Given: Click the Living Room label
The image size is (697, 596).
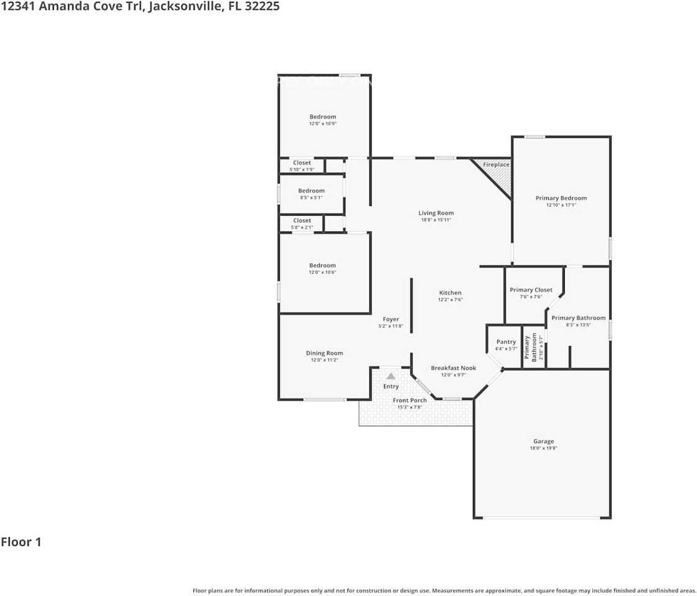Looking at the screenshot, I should (436, 213).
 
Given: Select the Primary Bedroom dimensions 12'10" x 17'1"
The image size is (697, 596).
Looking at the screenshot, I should (560, 205).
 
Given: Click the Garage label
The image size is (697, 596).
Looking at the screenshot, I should (544, 441).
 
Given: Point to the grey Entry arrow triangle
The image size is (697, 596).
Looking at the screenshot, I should (390, 376).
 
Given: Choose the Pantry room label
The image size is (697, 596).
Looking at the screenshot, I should (506, 342).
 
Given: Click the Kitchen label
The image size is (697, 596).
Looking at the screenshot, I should (450, 292).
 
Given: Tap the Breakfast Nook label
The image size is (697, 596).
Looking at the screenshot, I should (453, 368).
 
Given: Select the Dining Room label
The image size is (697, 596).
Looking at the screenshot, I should (324, 353).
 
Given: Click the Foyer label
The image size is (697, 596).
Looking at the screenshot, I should (390, 319).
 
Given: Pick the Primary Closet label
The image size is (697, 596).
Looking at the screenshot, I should (531, 290).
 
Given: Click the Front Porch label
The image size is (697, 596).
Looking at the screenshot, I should (410, 400).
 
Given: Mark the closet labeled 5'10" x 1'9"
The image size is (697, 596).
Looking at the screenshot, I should (302, 166).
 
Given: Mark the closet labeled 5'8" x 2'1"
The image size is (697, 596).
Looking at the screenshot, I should (302, 223).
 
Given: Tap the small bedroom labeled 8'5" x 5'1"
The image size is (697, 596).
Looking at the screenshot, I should (311, 194).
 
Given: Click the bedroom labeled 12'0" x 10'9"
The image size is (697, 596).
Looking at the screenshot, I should (323, 120).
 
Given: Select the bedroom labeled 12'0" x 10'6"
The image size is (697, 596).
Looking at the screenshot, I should (323, 268).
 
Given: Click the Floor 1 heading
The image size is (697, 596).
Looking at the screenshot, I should (21, 542).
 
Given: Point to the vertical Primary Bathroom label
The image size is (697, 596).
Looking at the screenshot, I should (531, 348).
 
